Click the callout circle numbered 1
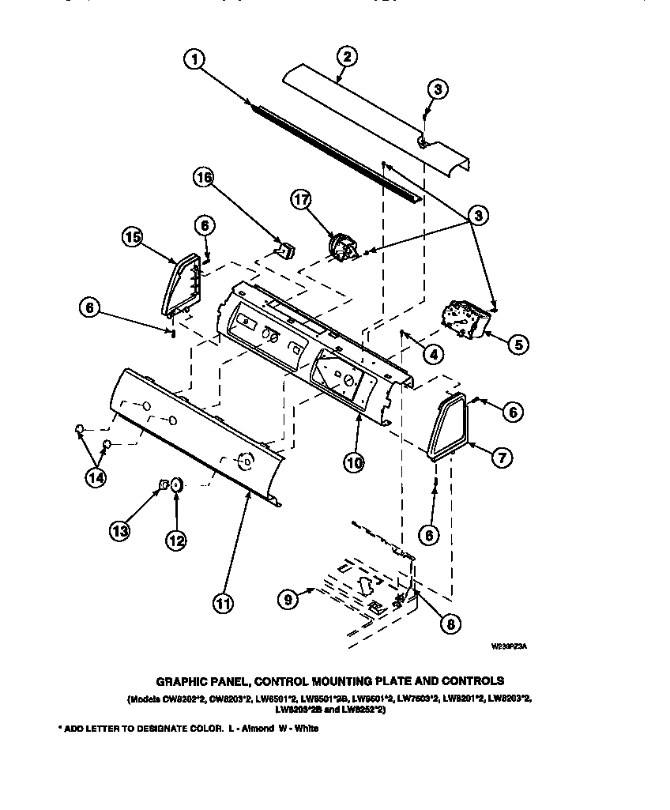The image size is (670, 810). (x=196, y=60)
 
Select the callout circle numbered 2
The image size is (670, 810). (x=346, y=57)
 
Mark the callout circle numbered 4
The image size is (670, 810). (x=432, y=355)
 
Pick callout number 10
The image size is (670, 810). (x=353, y=463)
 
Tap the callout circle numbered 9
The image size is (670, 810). (x=290, y=599)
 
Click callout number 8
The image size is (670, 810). (x=450, y=624)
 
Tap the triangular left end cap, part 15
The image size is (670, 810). (x=181, y=284)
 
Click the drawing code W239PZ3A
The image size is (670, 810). (x=509, y=646)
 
